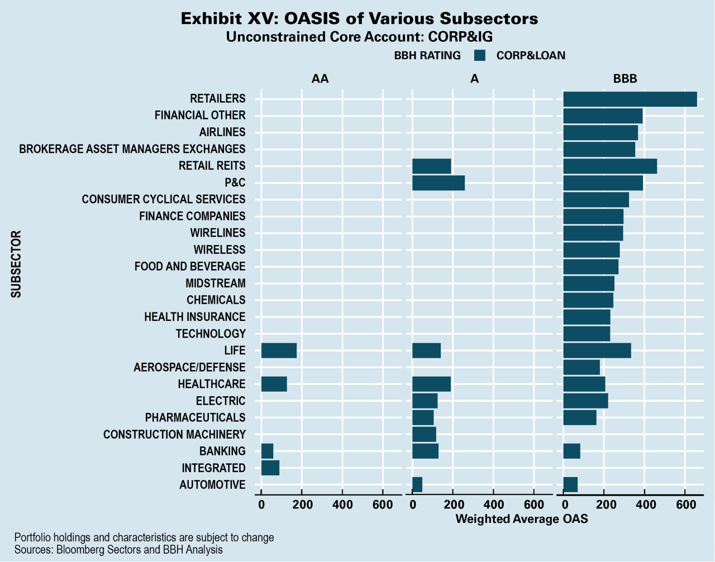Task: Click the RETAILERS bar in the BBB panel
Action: (630, 99)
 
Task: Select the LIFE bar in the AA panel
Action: (279, 350)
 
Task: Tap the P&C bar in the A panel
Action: (438, 182)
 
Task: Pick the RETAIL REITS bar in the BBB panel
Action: (609, 166)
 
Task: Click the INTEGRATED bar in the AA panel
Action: (270, 468)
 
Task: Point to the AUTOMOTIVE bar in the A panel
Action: (417, 484)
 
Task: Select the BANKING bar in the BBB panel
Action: (571, 451)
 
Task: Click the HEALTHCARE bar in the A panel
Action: (431, 384)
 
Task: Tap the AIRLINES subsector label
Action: (222, 132)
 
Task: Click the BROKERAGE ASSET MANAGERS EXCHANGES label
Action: (132, 149)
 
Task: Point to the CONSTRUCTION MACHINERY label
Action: (174, 434)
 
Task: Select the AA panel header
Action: (320, 79)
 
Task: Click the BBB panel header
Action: (625, 79)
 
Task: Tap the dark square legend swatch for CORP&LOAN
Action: (479, 55)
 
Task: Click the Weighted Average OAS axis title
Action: (522, 519)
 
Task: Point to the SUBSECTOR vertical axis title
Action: (16, 264)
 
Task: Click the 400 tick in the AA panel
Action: (342, 505)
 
